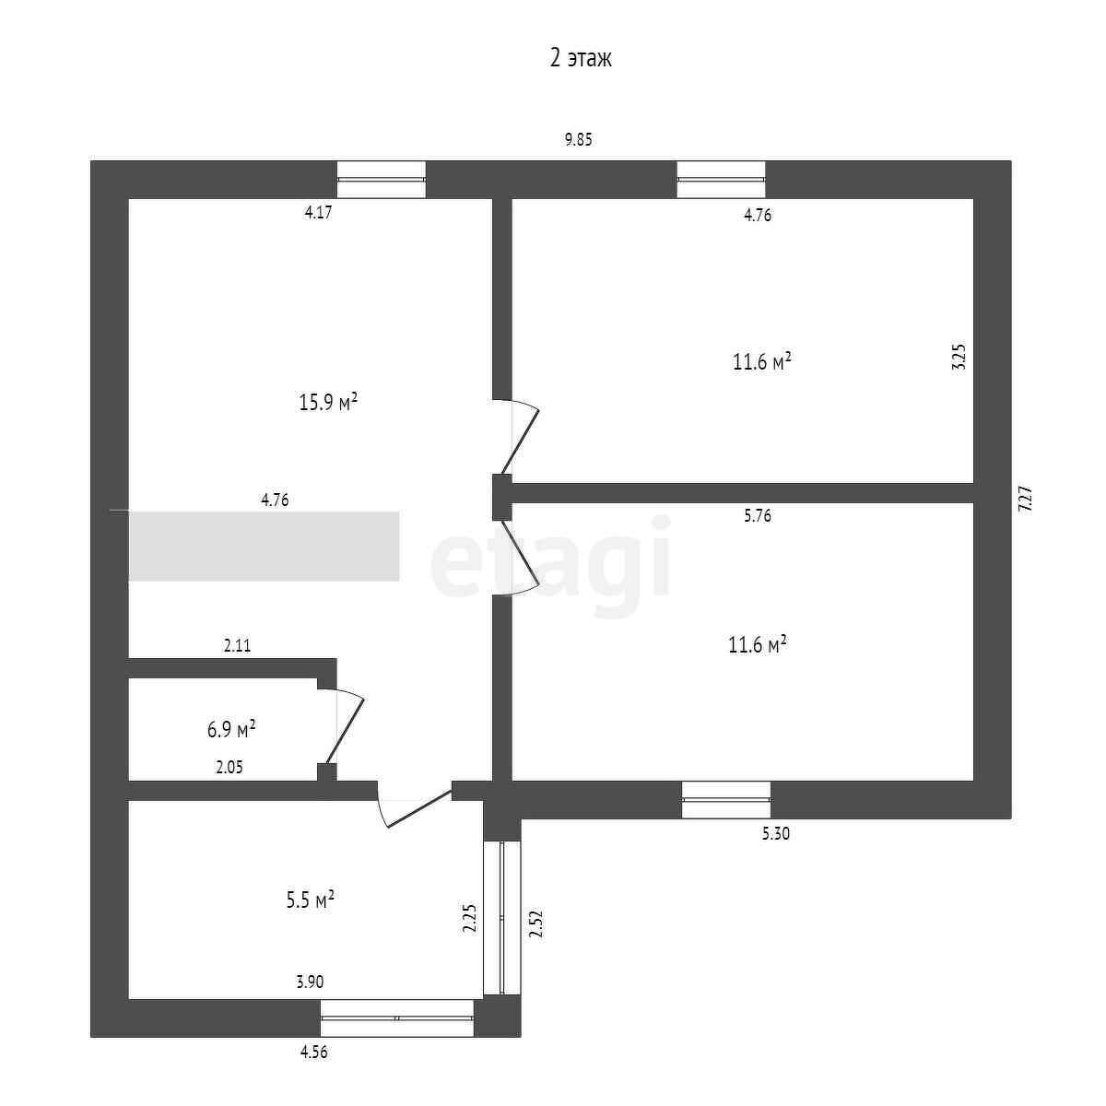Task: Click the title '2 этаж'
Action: tap(581, 59)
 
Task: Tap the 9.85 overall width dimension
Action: tap(578, 140)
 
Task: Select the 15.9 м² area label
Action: tap(328, 403)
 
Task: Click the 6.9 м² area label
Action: tap(231, 730)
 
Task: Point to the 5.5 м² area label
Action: tap(310, 900)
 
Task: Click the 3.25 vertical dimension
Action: tap(959, 357)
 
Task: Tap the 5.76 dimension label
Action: tap(757, 516)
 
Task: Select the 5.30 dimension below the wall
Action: tap(775, 834)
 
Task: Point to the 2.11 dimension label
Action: tap(237, 646)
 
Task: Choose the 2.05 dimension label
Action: tap(229, 767)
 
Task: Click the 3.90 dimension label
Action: tap(310, 982)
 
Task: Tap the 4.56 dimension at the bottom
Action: tap(313, 1053)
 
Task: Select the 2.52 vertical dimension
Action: tap(534, 924)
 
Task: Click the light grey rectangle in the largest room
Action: tap(264, 546)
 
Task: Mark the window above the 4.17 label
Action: tap(382, 179)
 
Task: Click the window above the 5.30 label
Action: tap(726, 799)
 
